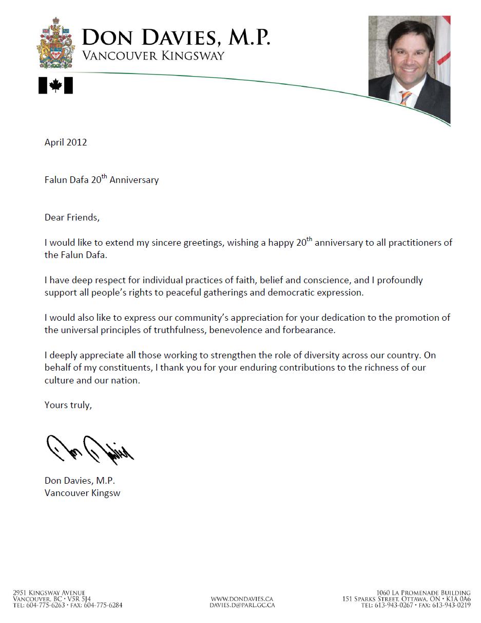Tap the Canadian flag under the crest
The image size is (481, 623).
coord(55,85)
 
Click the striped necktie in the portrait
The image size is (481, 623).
coord(406,97)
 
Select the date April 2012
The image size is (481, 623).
coord(66,142)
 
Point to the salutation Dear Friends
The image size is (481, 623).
coord(72,217)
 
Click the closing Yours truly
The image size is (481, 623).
coord(68,405)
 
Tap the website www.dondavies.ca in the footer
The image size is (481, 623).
coord(242,599)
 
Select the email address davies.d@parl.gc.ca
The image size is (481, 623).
coord(242,605)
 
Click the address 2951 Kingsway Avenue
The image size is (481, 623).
coord(49,593)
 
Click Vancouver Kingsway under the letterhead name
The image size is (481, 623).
coord(153,56)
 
